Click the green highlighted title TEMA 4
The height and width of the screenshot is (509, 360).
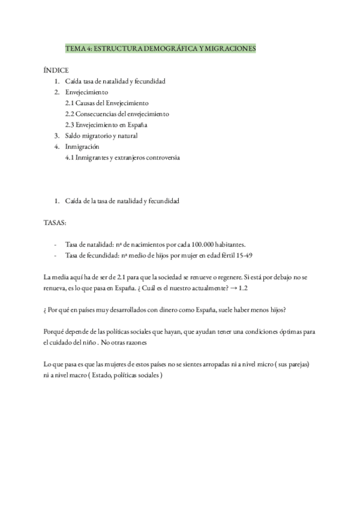coord(160,48)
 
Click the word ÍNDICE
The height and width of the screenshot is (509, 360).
coord(56,70)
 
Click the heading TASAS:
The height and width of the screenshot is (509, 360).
coord(56,222)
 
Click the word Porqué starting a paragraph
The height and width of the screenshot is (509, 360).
coord(56,331)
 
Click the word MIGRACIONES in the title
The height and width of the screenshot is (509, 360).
coord(228,48)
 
